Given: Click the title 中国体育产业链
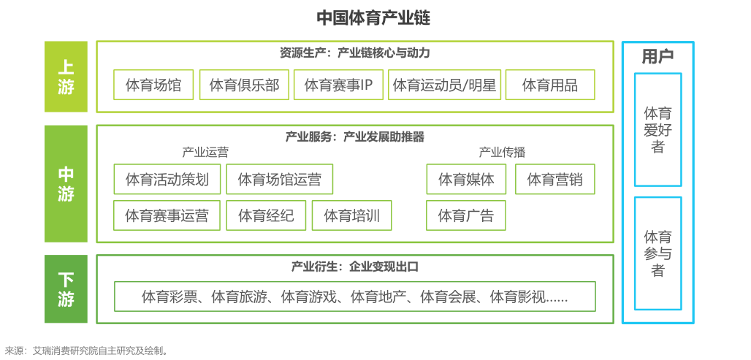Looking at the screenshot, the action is pos(373,18).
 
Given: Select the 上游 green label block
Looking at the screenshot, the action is pos(66,77).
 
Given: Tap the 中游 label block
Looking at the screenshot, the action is pos(66,184).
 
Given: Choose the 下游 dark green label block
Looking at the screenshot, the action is pos(66,288).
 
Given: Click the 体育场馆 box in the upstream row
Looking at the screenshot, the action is pos(153,85).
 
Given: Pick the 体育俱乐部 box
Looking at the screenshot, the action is pos(244,85).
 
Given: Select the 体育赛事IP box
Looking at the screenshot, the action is pos(339,85).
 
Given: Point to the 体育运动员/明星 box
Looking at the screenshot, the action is pos(444,85).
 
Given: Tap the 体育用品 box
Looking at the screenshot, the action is pos(550,85).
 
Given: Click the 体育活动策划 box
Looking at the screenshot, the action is pos(167,179).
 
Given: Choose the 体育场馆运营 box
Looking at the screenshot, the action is pos(280,179).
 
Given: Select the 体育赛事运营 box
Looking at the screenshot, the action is pos(167,215).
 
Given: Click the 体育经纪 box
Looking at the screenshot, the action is pos(267,215).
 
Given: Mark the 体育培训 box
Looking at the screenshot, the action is pos(351,215).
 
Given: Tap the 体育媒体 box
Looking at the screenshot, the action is pos(466,179).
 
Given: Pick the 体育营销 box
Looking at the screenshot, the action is pos(555,179).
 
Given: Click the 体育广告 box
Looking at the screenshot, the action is pos(466,215).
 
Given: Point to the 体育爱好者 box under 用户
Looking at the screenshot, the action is pos(658,130).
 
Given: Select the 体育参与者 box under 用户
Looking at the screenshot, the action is pos(658,253).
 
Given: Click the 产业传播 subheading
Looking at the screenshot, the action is pos(502,153).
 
